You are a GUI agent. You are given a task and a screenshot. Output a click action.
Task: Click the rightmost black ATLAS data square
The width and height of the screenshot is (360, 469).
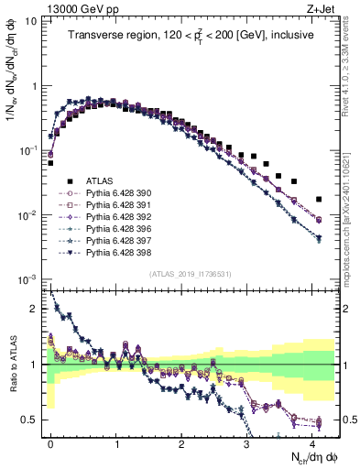pos(319,199)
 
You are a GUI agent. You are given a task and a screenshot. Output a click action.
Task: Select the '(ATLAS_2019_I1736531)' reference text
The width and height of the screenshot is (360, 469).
pos(190,274)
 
